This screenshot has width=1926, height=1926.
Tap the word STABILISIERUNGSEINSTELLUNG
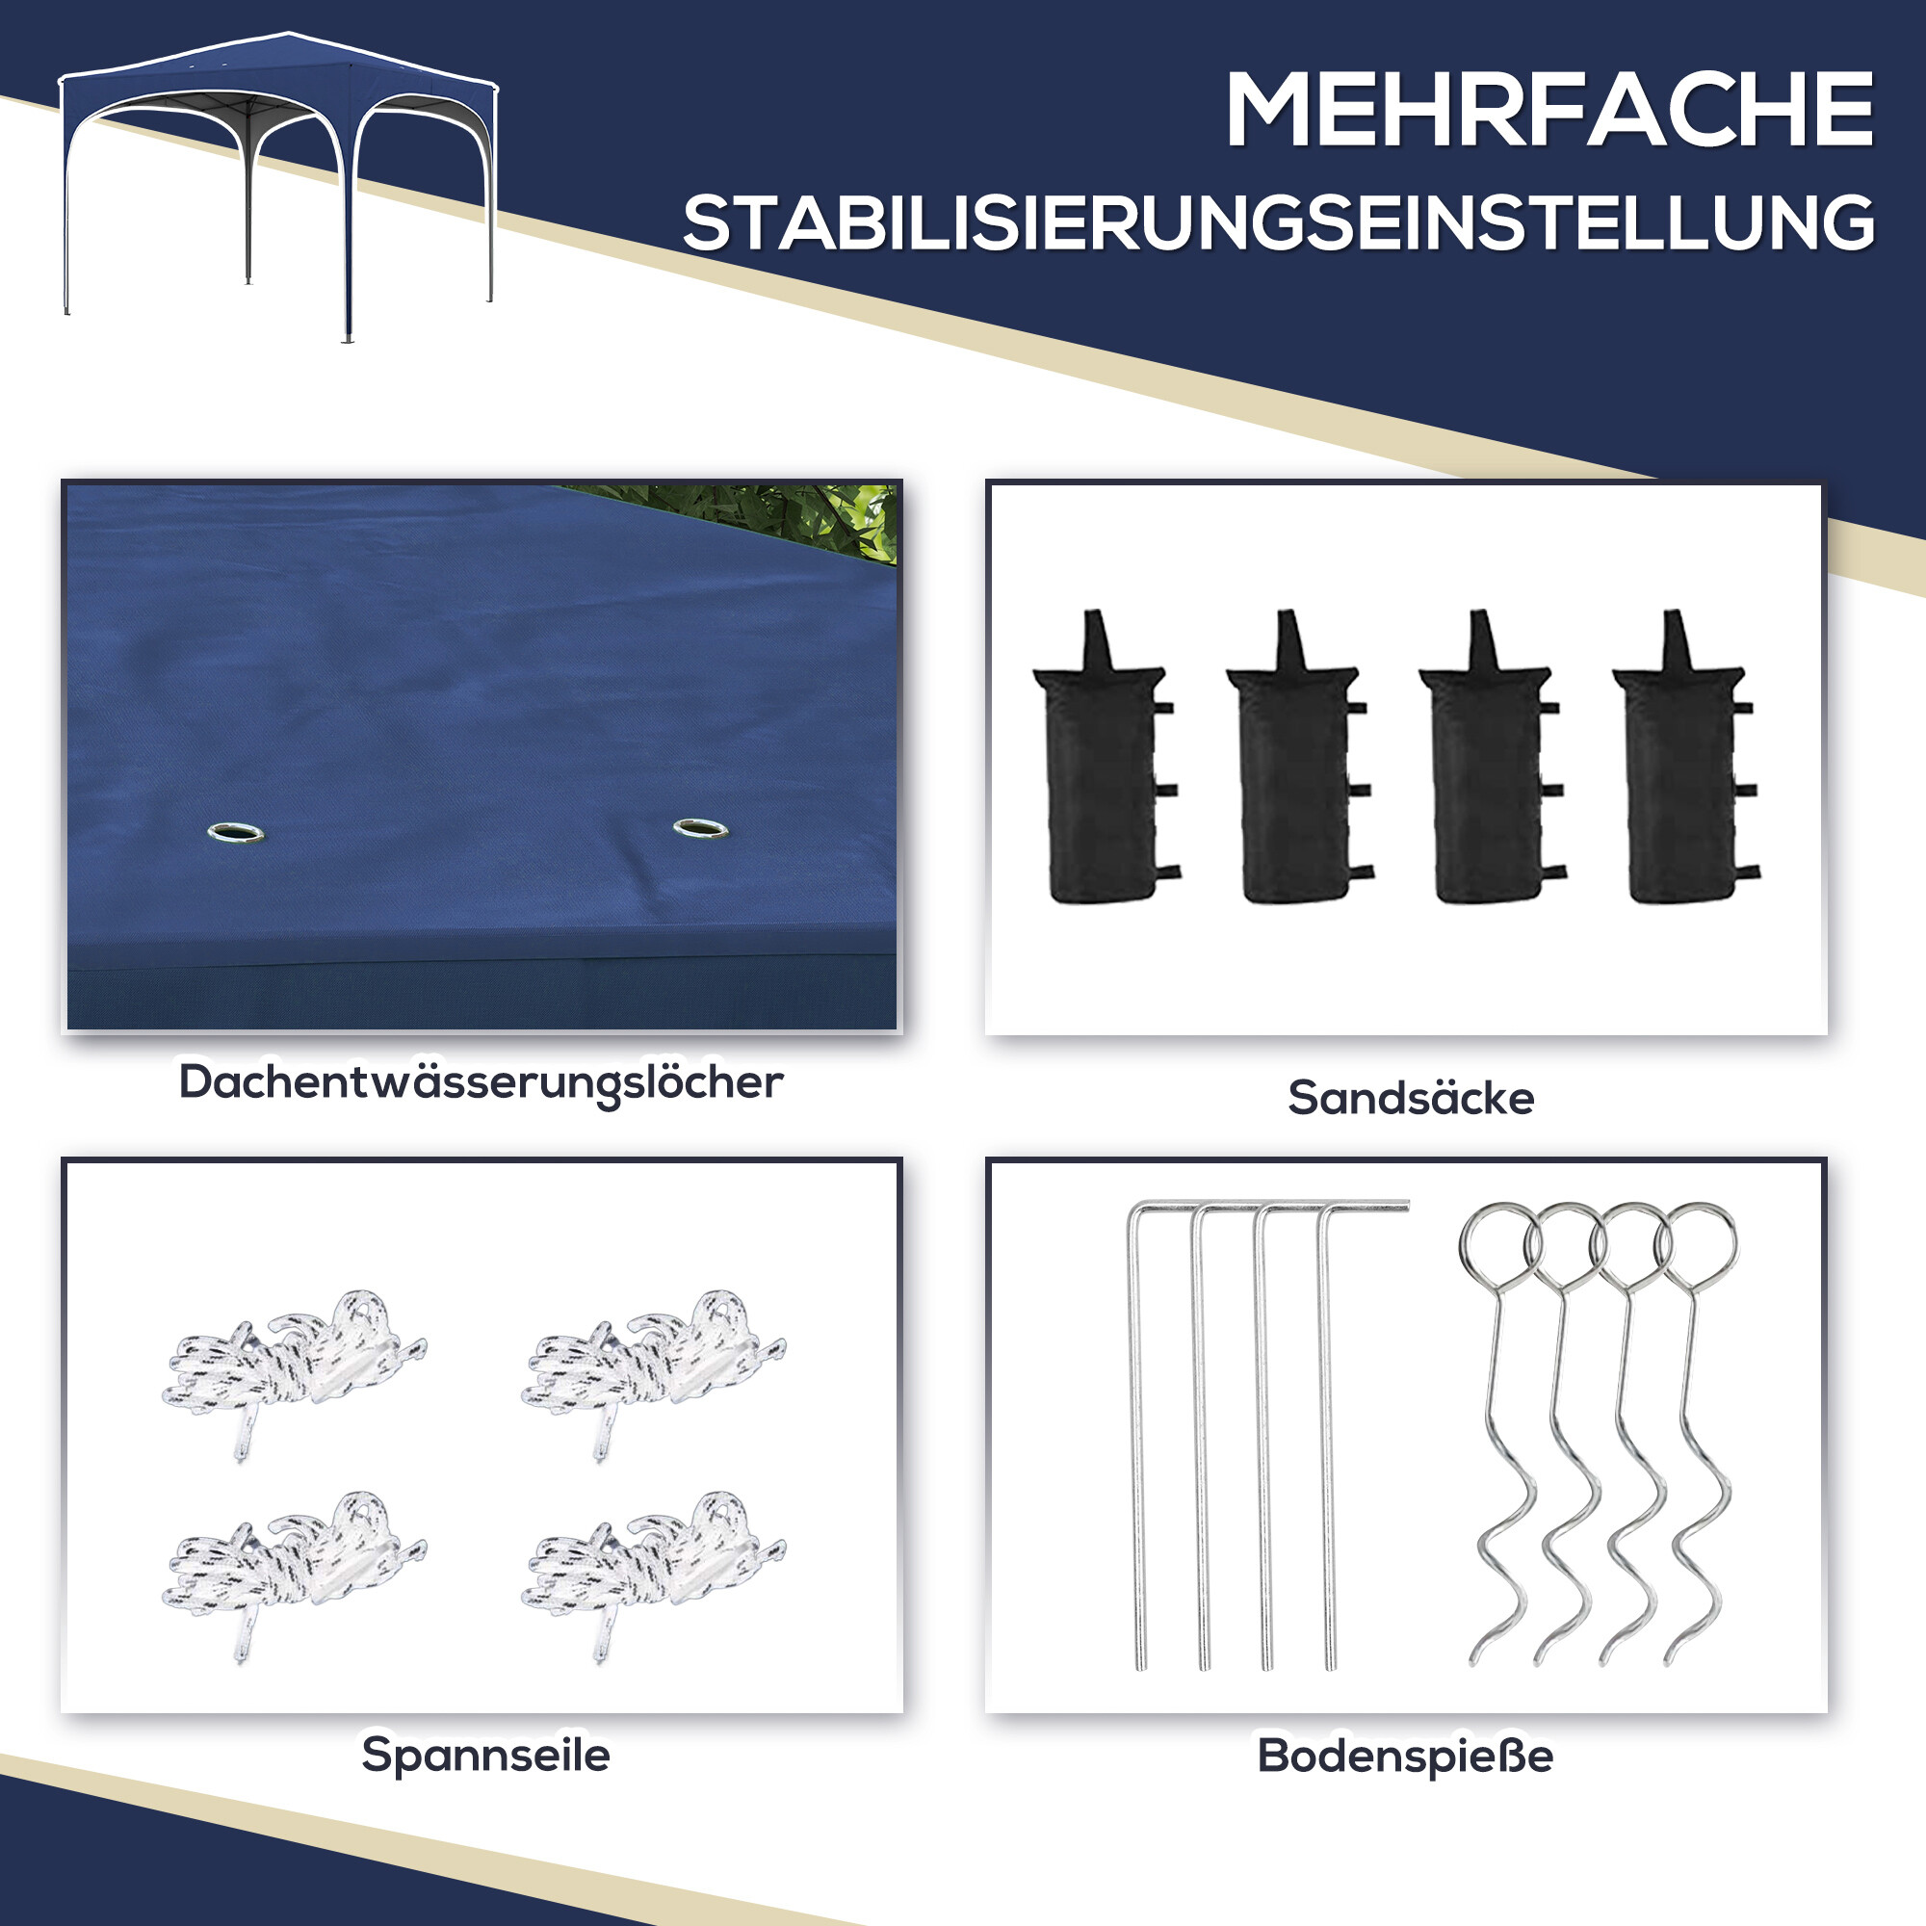click(1278, 222)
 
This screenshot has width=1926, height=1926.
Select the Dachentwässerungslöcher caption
click(481, 1082)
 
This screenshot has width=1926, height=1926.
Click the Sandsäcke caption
click(1411, 1098)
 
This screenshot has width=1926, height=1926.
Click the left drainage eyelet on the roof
click(236, 832)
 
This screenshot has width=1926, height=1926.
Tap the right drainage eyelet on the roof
click(700, 827)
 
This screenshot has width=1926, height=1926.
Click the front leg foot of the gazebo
click(347, 339)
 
